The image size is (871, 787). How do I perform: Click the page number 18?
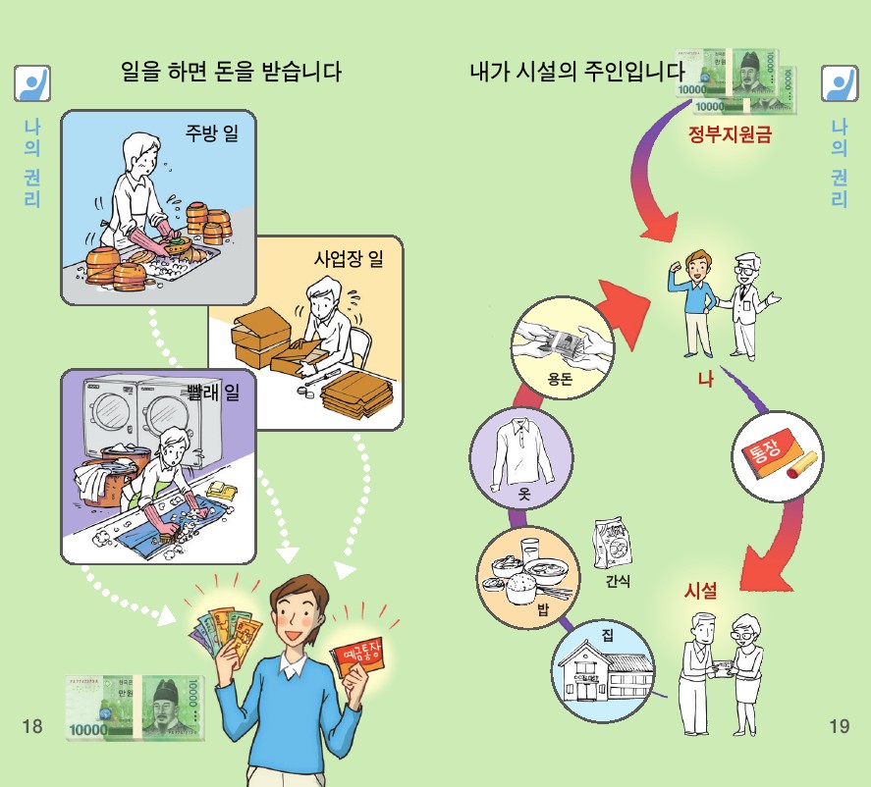point(32,725)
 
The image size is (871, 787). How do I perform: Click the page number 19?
point(839,725)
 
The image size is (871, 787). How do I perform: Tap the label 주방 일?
point(212,132)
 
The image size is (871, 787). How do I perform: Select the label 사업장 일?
point(349,258)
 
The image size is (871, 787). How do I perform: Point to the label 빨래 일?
point(213,393)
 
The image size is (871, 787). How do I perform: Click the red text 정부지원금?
point(730,133)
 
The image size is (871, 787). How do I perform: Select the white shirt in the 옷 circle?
point(521,450)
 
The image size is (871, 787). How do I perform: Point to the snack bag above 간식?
point(612,545)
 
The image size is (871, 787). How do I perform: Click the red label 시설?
point(700,591)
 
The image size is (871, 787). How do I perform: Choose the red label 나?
point(705,380)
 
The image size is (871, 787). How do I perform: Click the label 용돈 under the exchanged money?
point(560,379)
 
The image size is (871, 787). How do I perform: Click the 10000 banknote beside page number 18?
point(135,708)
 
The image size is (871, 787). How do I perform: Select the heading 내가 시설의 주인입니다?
point(577,71)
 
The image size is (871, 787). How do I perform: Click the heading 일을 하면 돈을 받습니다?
point(231,71)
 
